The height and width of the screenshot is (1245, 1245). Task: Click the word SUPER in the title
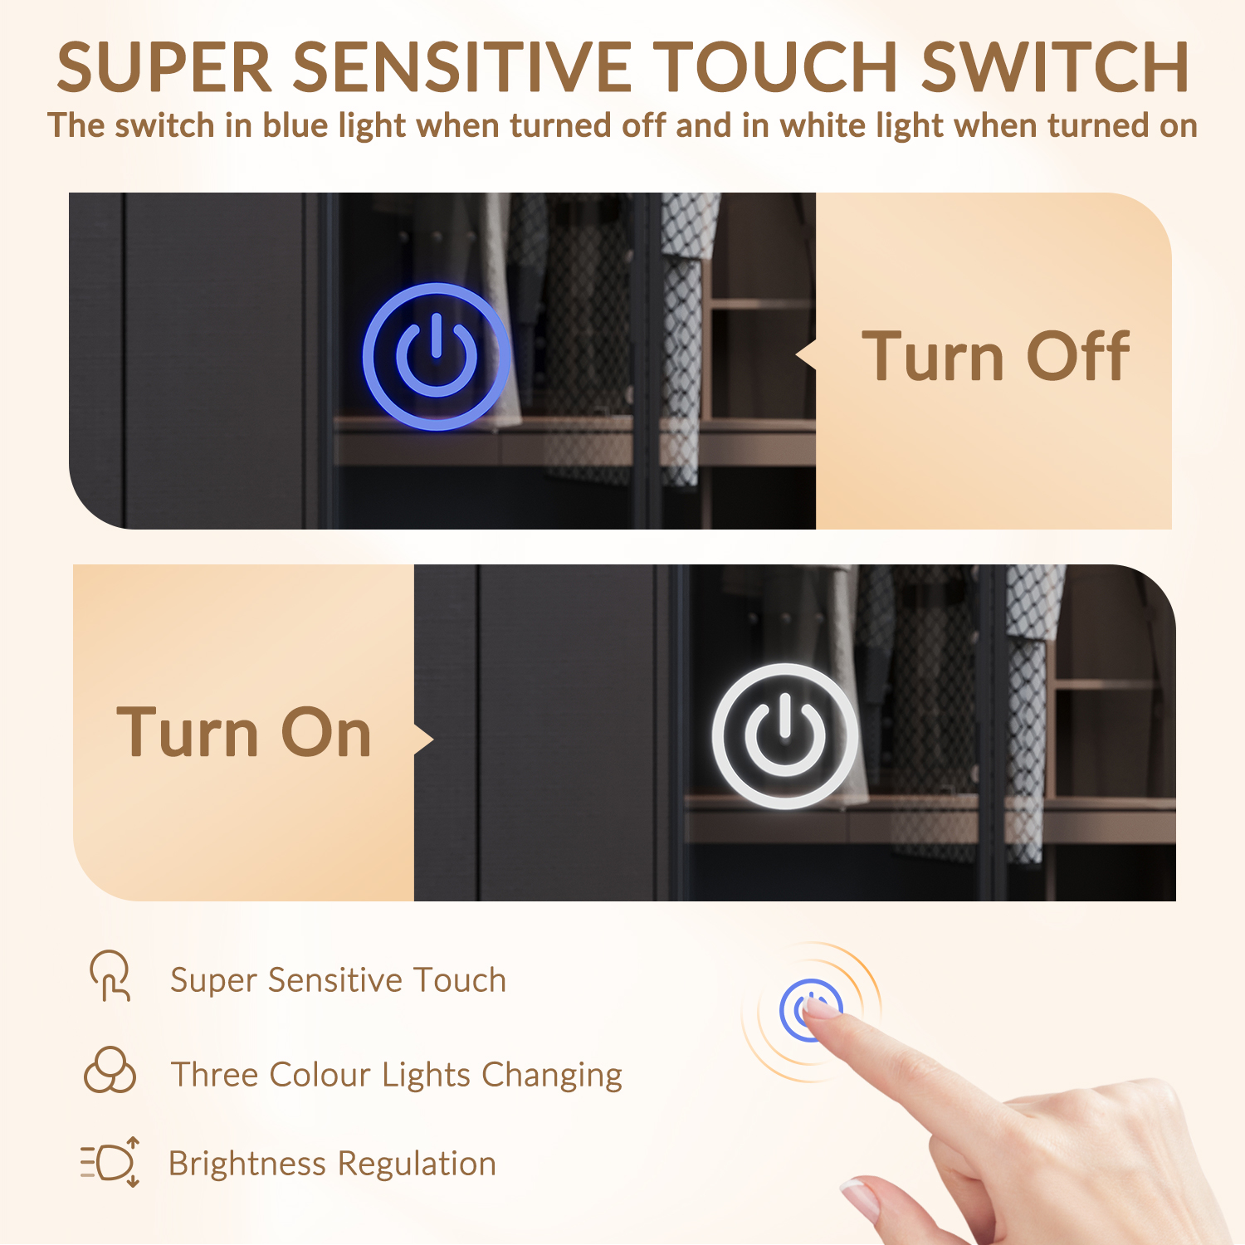click(164, 67)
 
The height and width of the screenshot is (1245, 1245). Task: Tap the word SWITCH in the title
click(1056, 67)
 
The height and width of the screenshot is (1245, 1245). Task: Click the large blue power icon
click(437, 357)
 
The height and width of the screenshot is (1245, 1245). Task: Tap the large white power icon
click(785, 735)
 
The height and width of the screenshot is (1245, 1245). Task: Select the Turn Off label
click(995, 357)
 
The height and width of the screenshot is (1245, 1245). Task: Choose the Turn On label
click(244, 733)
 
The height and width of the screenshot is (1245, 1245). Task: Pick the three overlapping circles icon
click(110, 1070)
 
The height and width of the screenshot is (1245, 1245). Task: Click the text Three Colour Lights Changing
click(396, 1075)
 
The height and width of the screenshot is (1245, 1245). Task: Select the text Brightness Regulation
click(332, 1164)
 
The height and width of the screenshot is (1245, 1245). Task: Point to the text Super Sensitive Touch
click(338, 980)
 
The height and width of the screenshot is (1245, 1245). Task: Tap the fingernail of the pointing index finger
click(823, 1008)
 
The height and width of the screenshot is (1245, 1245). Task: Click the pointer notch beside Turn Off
click(806, 355)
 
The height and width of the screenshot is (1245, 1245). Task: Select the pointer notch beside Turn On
click(424, 739)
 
